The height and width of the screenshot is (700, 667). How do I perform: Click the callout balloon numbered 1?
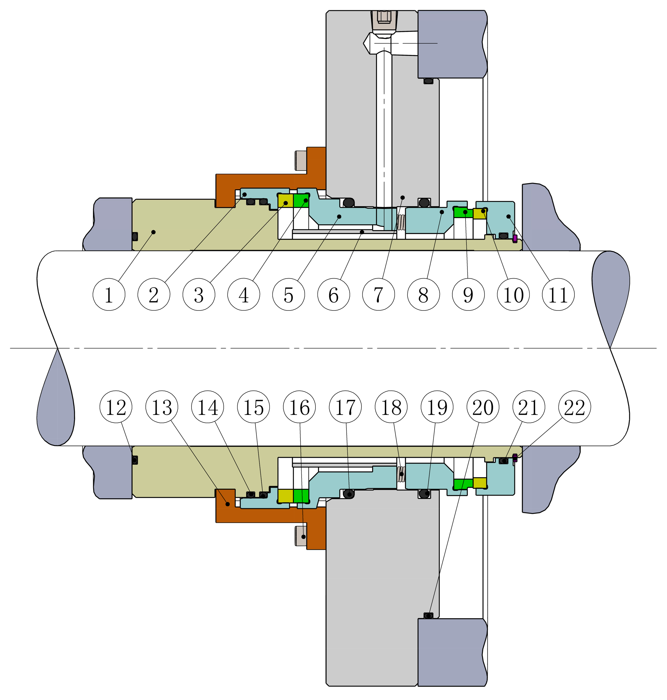(x=109, y=294)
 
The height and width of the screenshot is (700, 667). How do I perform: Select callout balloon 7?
(x=378, y=294)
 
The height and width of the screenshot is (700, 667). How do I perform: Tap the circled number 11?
(x=558, y=294)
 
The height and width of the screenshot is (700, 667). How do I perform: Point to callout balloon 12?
(x=116, y=407)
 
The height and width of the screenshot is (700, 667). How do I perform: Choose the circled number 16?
(x=299, y=407)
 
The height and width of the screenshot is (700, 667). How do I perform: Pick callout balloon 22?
(x=575, y=407)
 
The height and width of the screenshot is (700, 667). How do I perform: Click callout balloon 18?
(x=391, y=407)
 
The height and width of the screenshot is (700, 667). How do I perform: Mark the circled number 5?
(x=289, y=294)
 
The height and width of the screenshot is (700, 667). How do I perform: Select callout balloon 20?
(x=483, y=407)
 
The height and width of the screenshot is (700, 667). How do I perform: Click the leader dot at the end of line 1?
(x=153, y=232)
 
